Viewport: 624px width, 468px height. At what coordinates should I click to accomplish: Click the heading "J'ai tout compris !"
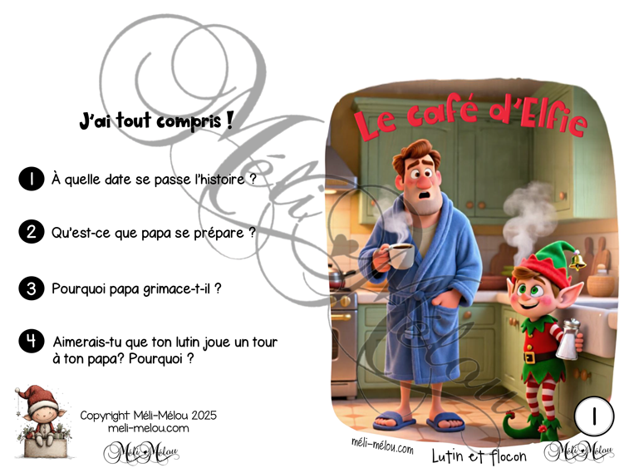tap(155, 121)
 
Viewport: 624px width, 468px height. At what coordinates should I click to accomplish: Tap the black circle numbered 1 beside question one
tap(30, 178)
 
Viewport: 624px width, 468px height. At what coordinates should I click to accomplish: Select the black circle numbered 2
tap(30, 233)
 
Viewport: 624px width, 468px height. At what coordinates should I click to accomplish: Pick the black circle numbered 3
tap(30, 288)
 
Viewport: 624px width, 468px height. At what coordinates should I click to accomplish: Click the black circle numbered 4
tap(30, 342)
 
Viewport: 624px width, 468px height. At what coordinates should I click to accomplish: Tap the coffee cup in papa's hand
tap(400, 254)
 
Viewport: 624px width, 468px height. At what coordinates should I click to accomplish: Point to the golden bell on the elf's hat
tap(579, 264)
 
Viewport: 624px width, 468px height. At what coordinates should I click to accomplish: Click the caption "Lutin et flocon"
tap(479, 456)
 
